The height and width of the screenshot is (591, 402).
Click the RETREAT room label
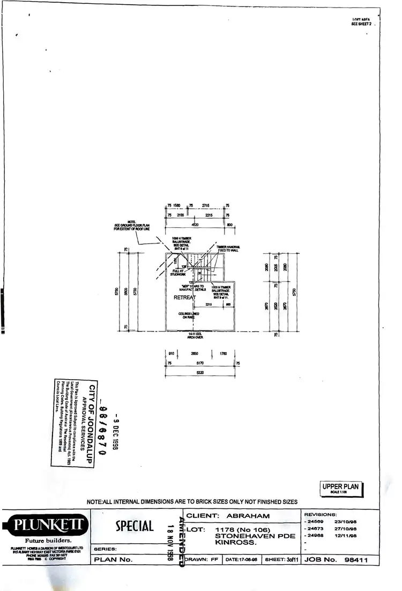tap(184, 297)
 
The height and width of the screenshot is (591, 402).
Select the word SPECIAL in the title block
tap(135, 526)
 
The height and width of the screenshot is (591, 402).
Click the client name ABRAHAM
tap(249, 516)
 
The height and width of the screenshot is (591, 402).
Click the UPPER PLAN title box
tap(341, 489)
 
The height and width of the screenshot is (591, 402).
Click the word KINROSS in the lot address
tap(233, 543)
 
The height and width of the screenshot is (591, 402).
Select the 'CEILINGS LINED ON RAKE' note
tap(189, 316)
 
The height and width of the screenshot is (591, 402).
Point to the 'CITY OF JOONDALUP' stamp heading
tap(92, 424)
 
